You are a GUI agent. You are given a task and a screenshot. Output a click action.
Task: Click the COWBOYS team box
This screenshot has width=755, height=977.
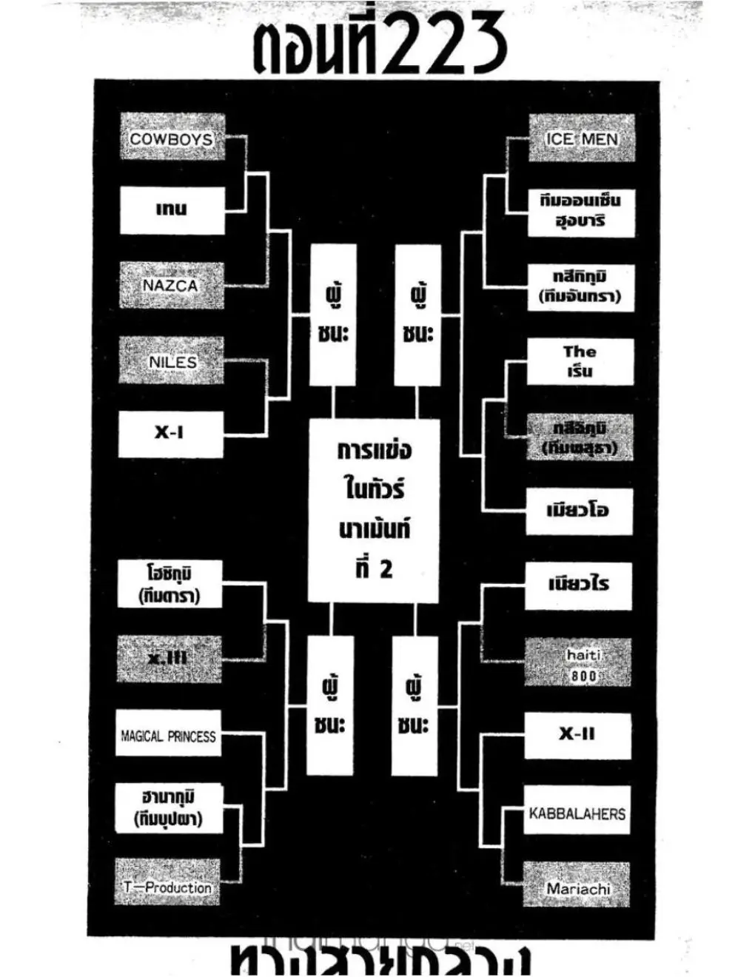pyautogui.click(x=172, y=138)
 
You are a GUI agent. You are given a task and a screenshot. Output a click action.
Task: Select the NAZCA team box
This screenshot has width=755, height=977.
pyautogui.click(x=171, y=285)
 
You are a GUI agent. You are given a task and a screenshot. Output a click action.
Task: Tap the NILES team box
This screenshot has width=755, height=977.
pyautogui.click(x=171, y=361)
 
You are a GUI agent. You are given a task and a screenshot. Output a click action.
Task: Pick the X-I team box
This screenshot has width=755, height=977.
pyautogui.click(x=170, y=434)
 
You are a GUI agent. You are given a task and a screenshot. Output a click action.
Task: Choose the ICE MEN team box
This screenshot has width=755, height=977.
pyautogui.click(x=581, y=138)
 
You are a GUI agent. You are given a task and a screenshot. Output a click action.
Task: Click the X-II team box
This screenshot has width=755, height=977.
pyautogui.click(x=577, y=735)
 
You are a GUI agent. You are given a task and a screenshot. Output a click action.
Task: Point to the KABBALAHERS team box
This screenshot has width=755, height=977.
pyautogui.click(x=577, y=812)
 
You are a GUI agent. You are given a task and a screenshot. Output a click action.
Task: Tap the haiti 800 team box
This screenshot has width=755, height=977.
pyautogui.click(x=579, y=664)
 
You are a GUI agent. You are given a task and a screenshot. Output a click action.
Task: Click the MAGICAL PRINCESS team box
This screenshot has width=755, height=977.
pyautogui.click(x=168, y=735)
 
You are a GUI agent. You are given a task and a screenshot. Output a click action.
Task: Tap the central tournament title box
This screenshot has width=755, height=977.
pyautogui.click(x=375, y=511)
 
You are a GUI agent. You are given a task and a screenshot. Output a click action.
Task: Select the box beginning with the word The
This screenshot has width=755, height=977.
pyautogui.click(x=580, y=361)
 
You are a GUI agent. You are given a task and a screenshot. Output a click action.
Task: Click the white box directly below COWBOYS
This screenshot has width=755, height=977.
pyautogui.click(x=172, y=210)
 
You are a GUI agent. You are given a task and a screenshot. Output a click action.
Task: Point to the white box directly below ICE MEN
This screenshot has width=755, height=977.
pyautogui.click(x=581, y=211)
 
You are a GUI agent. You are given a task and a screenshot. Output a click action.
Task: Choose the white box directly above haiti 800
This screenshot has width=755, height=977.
pyautogui.click(x=579, y=585)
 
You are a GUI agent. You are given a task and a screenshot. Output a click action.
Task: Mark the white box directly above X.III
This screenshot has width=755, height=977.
pyautogui.click(x=170, y=585)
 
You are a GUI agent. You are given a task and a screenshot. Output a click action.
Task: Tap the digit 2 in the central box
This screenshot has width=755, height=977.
pyautogui.click(x=386, y=569)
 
